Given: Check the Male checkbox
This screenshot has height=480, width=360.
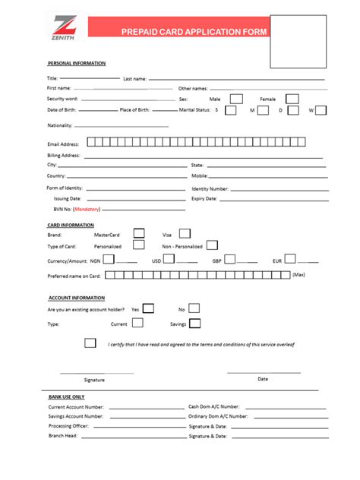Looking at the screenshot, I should [236, 99].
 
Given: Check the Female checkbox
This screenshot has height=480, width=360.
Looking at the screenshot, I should [292, 99].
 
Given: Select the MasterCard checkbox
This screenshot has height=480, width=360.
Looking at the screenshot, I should [139, 234].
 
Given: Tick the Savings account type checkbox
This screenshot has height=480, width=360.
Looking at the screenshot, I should [195, 324].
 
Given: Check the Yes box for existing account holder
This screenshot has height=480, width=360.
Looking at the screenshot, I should [148, 308].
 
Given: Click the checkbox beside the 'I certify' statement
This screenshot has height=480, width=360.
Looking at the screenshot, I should [90, 343].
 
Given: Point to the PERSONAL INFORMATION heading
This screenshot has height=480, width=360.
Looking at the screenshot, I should [77, 63].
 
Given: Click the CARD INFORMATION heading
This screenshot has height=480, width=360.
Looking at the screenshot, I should [71, 225].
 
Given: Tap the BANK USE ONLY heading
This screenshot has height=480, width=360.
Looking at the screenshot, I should [67, 396].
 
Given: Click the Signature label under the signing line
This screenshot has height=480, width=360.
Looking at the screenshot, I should [95, 379].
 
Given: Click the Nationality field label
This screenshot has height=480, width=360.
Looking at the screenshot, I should [59, 125].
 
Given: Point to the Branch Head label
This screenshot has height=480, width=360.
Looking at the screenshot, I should [62, 436].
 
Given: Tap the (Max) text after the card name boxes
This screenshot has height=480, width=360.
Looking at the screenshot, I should [298, 274].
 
